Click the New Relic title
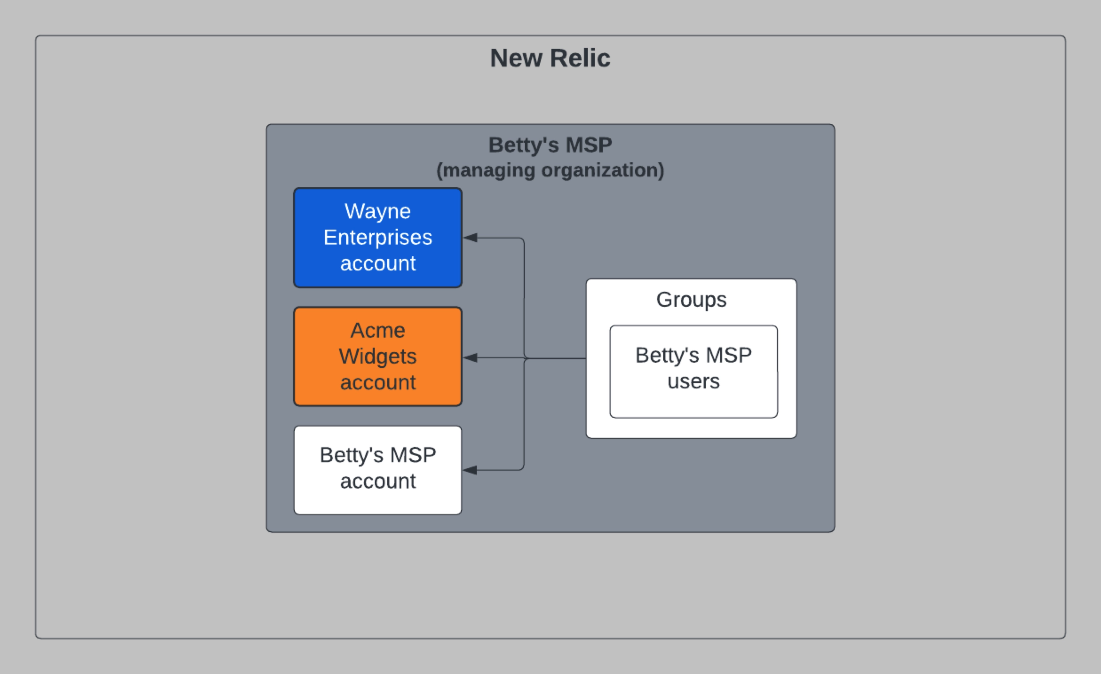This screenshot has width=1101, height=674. tap(550, 58)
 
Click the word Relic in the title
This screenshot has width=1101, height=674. tap(580, 58)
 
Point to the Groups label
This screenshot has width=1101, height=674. tap(691, 299)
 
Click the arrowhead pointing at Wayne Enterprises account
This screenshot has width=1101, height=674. tap(471, 238)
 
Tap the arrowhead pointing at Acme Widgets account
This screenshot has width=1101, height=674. tap(471, 357)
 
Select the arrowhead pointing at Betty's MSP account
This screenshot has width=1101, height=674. tap(471, 470)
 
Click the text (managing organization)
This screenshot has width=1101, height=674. tap(550, 170)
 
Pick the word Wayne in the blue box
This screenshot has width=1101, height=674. tap(377, 211)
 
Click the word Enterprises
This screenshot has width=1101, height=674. tap(377, 237)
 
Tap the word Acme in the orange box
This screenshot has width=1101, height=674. tap(377, 330)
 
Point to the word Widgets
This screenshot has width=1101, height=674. tap(377, 356)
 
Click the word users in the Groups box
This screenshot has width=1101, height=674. tap(693, 381)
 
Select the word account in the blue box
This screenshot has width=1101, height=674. tap(377, 263)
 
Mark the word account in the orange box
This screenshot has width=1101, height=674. tap(377, 383)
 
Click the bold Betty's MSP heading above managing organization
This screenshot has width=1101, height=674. tap(550, 145)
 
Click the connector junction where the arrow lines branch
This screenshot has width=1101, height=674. tap(525, 358)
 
